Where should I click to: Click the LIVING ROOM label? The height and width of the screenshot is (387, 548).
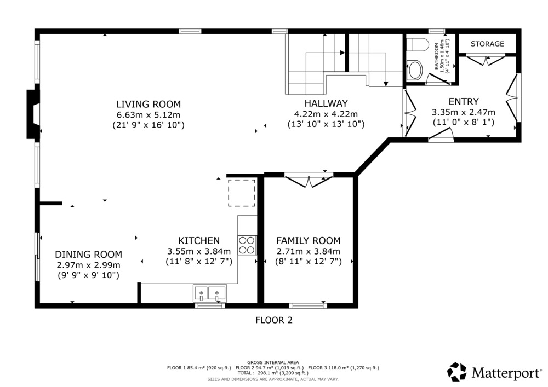[149, 104]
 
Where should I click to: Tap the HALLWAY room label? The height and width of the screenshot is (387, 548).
[326, 103]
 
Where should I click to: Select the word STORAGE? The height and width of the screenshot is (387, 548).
[487, 44]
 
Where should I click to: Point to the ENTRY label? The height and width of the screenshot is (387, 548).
[464, 102]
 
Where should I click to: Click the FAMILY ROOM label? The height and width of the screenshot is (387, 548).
[308, 240]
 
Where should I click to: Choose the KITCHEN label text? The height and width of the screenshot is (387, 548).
[199, 240]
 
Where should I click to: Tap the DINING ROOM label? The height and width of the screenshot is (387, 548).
[88, 254]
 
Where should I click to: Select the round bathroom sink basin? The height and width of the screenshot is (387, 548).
[415, 70]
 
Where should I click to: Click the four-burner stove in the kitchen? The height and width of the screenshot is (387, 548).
[247, 245]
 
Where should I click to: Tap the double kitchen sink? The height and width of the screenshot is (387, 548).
[210, 293]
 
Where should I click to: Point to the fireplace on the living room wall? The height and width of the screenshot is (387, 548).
[33, 114]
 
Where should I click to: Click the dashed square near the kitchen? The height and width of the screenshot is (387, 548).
[242, 193]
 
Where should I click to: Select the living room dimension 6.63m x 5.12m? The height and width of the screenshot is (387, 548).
[149, 114]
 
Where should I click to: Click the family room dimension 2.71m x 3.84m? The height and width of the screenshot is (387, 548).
[308, 251]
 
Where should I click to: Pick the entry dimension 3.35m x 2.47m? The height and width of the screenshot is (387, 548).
[464, 112]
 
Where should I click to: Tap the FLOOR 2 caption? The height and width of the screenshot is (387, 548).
[273, 320]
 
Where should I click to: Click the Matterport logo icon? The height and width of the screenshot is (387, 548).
[457, 372]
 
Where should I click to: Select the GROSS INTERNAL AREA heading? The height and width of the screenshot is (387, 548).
[273, 362]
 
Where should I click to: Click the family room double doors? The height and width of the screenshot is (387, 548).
[309, 181]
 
